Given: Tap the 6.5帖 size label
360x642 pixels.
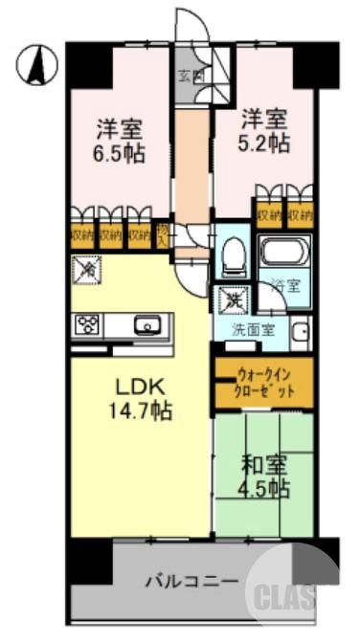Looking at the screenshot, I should tap(121, 152).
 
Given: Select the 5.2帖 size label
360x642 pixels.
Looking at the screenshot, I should tap(264, 143).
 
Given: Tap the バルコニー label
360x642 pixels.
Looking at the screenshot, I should tap(191, 580).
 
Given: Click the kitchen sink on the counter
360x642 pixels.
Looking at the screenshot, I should tap(149, 325).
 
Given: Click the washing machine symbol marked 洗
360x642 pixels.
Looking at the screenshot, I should tap(230, 300).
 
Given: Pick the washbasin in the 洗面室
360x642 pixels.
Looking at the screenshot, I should tap(300, 333).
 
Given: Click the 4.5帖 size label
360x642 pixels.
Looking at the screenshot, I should tap(264, 488).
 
